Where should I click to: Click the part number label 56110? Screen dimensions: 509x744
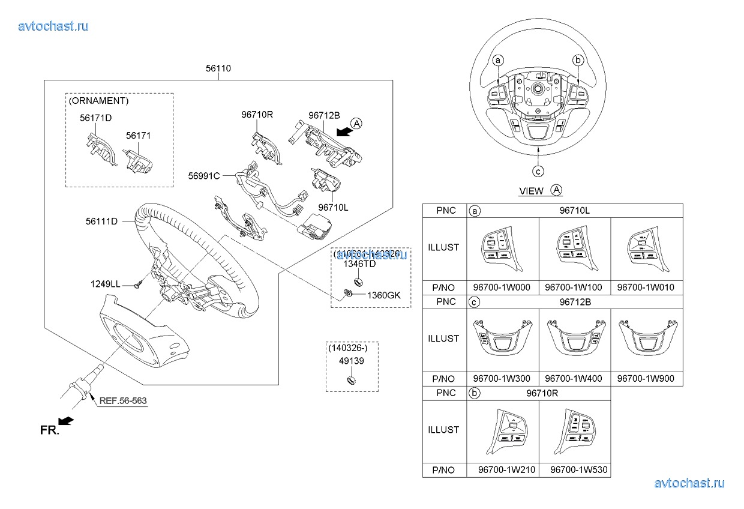tap(218, 68)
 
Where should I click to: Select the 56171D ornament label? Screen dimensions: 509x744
tap(96, 118)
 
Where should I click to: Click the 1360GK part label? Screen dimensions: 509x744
tap(383, 295)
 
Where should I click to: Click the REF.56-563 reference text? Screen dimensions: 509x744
tap(123, 400)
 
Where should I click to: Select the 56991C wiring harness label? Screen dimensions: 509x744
tap(204, 176)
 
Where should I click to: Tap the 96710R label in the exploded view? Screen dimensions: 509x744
tap(257, 114)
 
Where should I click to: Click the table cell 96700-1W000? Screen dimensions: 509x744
tap(502, 288)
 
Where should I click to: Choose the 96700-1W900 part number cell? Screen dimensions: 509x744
tap(646, 379)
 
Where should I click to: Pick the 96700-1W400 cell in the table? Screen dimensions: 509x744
tap(574, 379)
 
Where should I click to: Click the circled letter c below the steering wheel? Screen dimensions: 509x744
tap(539, 171)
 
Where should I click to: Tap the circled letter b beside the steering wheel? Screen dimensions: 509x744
tap(578, 60)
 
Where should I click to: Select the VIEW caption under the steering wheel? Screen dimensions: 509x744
tap(532, 191)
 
